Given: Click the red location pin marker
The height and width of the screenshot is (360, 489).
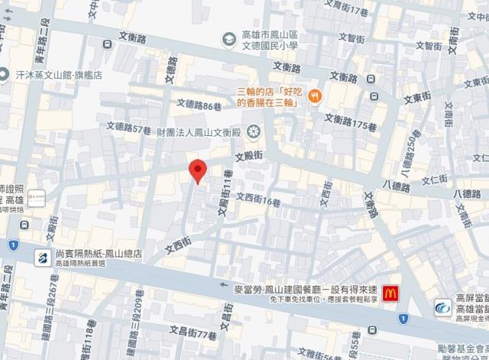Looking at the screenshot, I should coord(197,170).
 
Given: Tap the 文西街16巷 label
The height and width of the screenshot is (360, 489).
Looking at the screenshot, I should coord(260,198).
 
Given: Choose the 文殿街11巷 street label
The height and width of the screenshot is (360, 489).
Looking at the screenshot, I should coord(225,204).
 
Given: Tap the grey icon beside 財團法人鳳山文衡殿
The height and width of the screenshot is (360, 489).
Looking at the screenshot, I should coord(252,132).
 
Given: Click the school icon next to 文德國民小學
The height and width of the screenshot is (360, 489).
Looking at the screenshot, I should coord(227,39).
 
